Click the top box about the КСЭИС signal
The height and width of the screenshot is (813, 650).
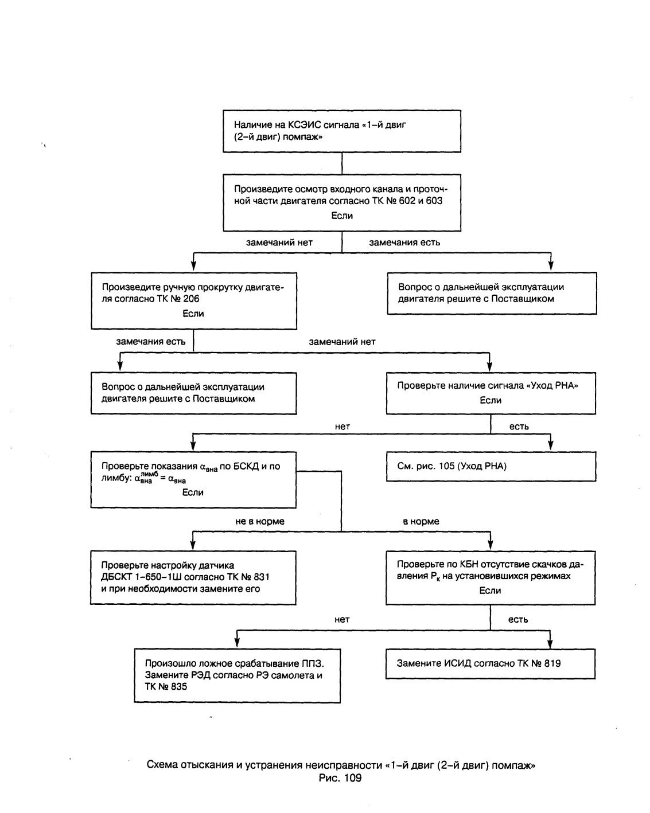(341, 131)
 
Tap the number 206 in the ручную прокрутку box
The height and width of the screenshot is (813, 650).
(191, 299)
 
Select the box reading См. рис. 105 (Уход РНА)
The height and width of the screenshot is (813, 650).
(491, 466)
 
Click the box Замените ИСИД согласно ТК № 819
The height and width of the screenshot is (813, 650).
(491, 664)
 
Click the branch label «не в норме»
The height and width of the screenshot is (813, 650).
(260, 521)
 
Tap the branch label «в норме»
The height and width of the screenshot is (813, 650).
(421, 521)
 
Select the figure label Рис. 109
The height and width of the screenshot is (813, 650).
(340, 778)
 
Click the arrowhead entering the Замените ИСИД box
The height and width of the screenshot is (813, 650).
(550, 643)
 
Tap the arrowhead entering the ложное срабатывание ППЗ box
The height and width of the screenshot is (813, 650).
(237, 643)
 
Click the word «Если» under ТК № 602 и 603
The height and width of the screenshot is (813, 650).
(342, 216)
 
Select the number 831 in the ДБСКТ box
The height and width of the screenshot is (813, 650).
(261, 577)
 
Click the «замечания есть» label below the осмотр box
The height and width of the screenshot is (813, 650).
(404, 243)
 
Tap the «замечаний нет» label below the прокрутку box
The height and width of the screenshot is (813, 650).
(342, 342)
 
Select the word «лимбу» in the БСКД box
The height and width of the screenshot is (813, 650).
(115, 479)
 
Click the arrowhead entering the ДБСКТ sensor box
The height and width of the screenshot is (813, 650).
(193, 545)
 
